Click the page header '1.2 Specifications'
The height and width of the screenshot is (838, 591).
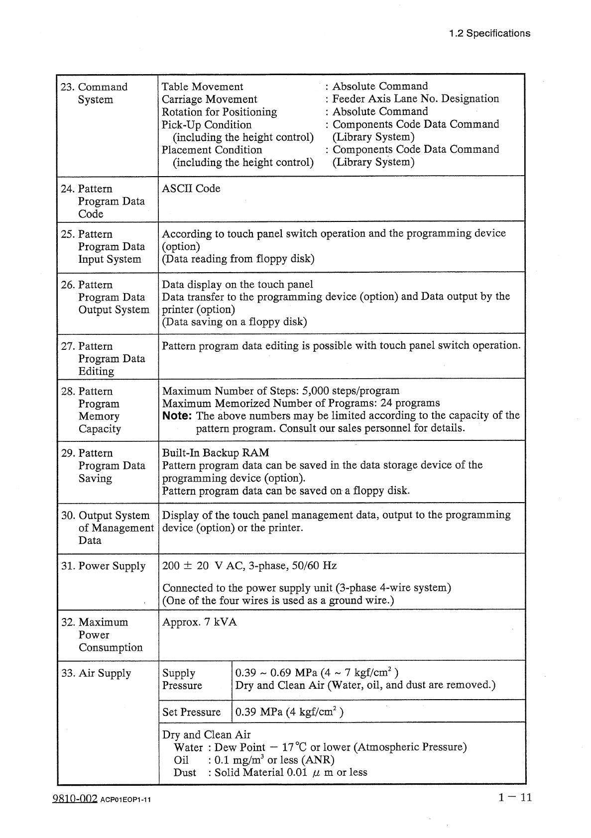(489, 33)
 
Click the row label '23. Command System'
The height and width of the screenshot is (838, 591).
(95, 93)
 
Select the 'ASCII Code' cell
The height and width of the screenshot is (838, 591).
(191, 189)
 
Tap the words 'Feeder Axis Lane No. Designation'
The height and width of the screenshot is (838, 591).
(415, 99)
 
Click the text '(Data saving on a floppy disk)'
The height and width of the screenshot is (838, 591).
(235, 322)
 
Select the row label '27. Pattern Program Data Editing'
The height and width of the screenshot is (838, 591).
(103, 358)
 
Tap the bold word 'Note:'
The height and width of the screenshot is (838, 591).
(178, 416)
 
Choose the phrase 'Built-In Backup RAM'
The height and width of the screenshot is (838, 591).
(216, 453)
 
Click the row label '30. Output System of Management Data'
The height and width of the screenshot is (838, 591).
(107, 527)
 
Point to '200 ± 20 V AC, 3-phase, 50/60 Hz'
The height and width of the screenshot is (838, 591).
(249, 566)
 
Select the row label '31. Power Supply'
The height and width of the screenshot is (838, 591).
(104, 566)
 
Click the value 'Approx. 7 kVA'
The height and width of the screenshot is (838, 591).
(200, 622)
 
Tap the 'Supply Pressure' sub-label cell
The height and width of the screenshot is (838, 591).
(182, 679)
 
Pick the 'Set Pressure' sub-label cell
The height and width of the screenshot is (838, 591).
(192, 712)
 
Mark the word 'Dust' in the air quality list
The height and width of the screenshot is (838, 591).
(185, 772)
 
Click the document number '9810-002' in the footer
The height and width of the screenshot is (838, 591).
(74, 799)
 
